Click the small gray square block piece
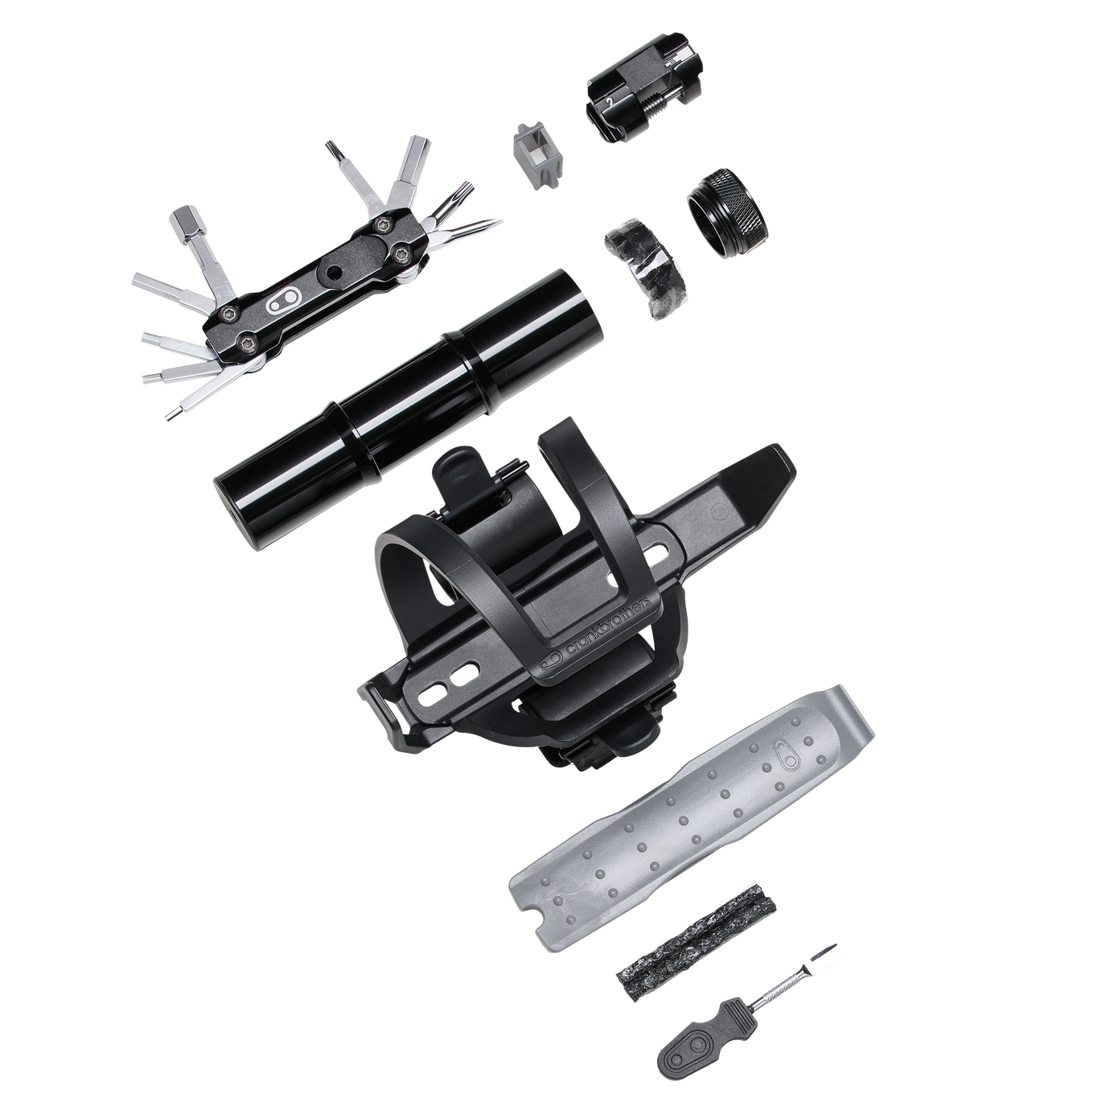tap(536, 155)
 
